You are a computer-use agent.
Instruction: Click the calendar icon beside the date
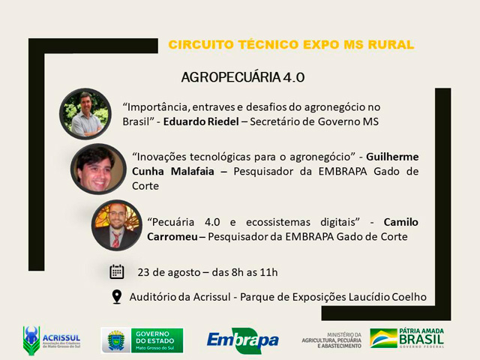point(117,271)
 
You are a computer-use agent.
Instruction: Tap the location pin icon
point(117,297)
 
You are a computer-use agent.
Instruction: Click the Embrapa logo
point(243,340)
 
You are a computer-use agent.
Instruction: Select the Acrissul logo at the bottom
point(52,340)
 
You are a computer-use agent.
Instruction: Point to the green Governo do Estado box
point(157,340)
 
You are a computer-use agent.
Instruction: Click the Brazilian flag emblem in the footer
point(383,338)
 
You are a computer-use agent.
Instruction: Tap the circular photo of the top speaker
point(85,114)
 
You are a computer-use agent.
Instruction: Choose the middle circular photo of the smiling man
point(98,169)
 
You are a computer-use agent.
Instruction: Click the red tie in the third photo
point(116,240)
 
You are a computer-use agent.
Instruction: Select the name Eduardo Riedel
point(201,121)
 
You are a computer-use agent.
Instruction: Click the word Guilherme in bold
point(392,157)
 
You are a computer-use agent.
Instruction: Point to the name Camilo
point(401,222)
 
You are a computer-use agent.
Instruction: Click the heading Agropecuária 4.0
point(243,77)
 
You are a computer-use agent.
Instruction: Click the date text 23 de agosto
point(169,272)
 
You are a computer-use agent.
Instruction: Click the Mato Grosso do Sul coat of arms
point(115,340)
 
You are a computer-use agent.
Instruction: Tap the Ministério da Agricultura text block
point(331,340)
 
